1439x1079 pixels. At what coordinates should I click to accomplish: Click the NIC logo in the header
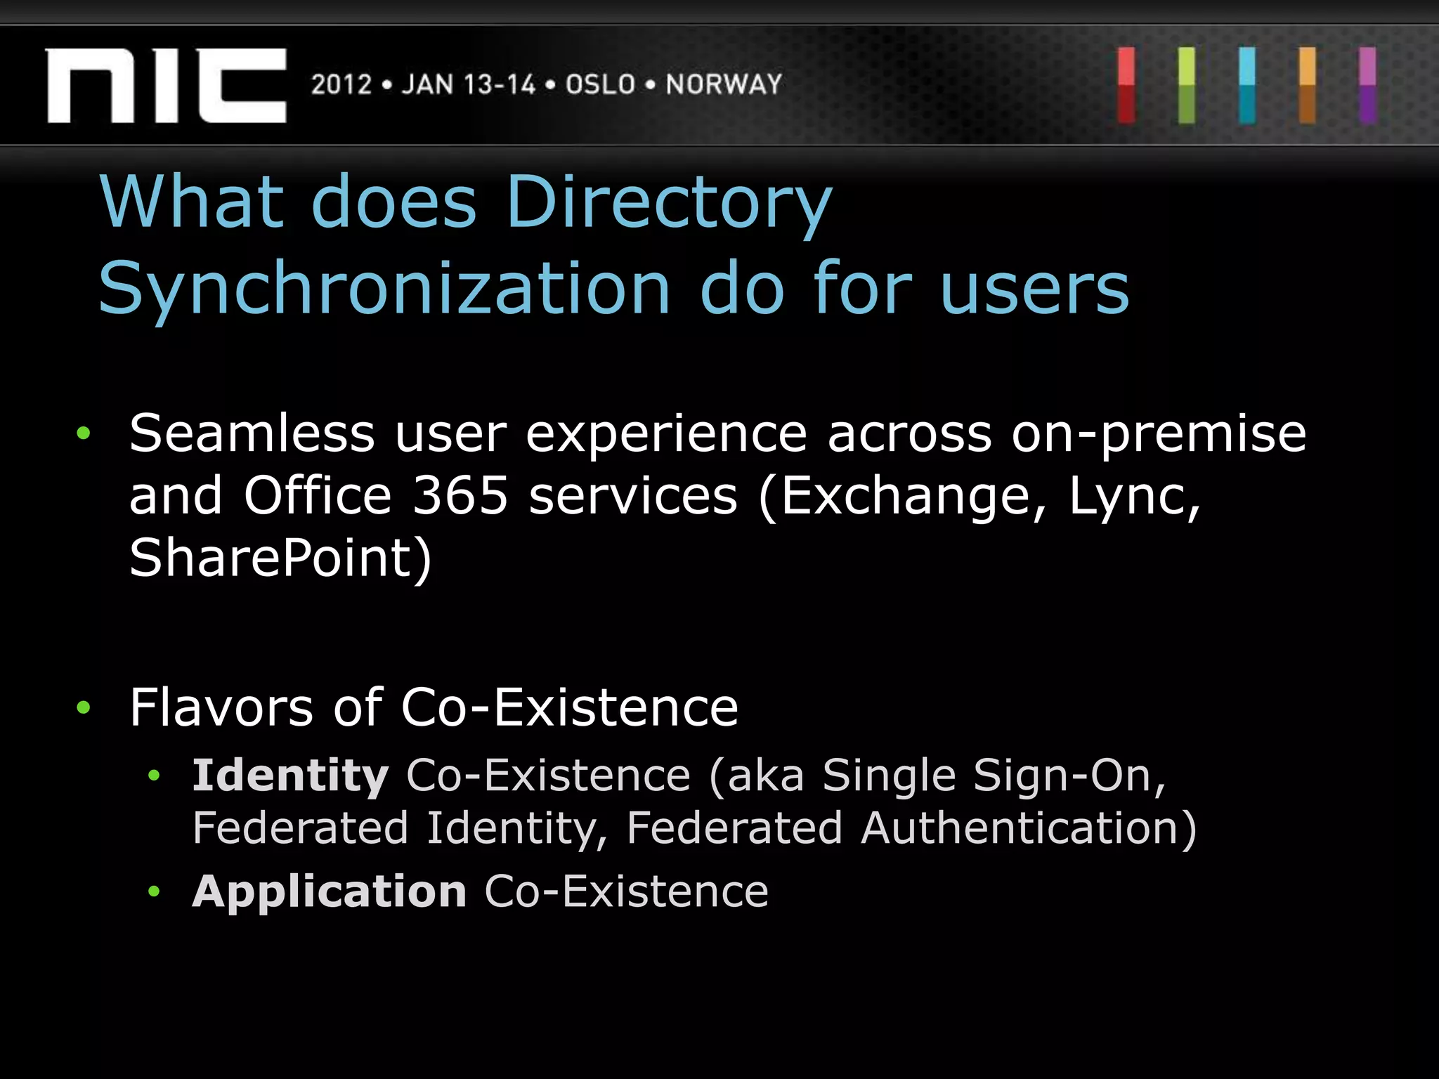tap(167, 86)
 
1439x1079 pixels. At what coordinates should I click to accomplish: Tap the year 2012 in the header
tap(341, 85)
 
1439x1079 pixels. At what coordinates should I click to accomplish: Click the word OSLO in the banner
tap(600, 85)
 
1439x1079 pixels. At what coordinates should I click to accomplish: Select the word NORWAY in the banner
tap(724, 85)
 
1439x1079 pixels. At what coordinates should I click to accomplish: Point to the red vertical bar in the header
tap(1126, 86)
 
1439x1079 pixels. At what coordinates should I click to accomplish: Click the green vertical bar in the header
tap(1187, 86)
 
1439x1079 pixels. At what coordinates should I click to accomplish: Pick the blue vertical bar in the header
tap(1247, 86)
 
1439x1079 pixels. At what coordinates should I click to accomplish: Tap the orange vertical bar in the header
tap(1308, 86)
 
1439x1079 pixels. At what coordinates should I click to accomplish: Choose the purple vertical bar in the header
tap(1367, 86)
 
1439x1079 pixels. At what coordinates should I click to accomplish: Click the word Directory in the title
tap(668, 204)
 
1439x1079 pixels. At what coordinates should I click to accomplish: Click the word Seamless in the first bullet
tap(252, 433)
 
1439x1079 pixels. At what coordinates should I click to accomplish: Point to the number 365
tap(460, 496)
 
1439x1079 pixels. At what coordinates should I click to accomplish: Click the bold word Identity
tap(290, 776)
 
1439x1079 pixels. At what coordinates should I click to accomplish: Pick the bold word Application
tap(330, 892)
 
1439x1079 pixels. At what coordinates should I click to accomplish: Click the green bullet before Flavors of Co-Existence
tap(84, 707)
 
